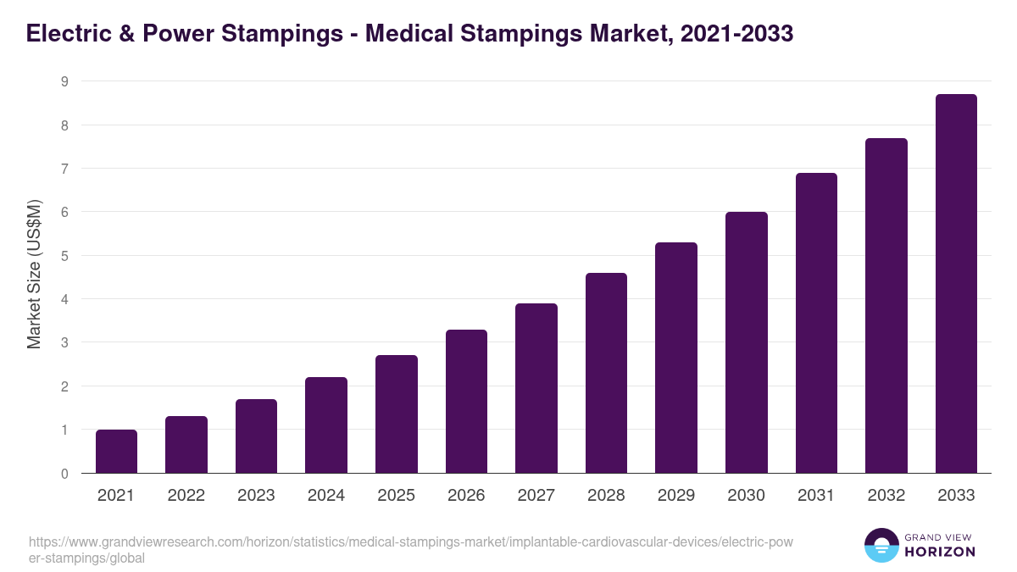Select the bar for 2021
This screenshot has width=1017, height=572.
116,452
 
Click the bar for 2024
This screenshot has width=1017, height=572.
326,425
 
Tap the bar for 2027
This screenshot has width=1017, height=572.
536,388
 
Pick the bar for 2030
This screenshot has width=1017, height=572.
747,342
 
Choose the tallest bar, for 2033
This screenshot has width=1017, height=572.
956,284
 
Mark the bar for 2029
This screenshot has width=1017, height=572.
676,358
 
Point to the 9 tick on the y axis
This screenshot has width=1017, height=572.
64,82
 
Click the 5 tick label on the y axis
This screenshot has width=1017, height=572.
64,256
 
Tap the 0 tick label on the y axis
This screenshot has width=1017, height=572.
64,474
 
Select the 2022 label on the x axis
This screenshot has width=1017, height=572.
186,496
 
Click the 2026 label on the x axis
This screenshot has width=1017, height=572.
466,496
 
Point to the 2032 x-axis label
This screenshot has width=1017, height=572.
886,496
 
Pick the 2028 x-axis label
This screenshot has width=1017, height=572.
606,496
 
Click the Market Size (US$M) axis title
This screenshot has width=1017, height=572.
35,274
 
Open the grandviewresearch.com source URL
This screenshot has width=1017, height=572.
410,550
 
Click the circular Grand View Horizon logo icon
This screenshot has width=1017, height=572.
881,545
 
